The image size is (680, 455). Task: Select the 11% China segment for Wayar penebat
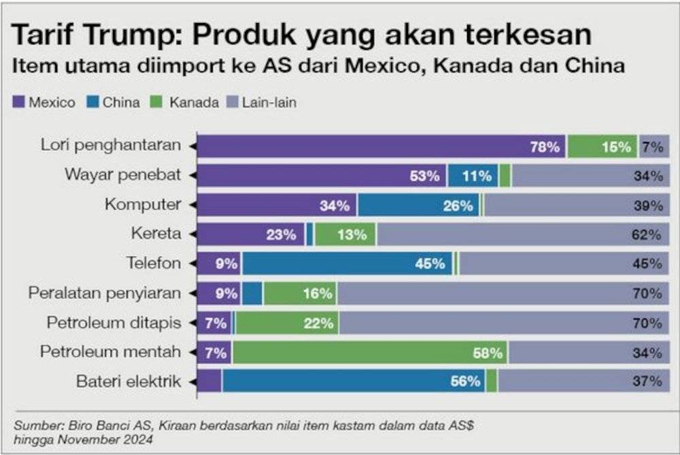point(473,176)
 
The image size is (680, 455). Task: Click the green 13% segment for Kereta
point(345,235)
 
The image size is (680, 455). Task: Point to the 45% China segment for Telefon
point(347,264)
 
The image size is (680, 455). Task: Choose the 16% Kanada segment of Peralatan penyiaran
point(300,294)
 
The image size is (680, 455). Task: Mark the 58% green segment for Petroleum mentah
point(370,352)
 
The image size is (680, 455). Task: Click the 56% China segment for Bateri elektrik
point(353,382)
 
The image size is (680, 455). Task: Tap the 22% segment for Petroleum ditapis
point(287,323)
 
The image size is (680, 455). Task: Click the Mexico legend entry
point(44,103)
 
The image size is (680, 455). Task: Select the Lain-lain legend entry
point(263,103)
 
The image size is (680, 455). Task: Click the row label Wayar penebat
point(123,175)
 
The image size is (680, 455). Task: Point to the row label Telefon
point(154,263)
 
